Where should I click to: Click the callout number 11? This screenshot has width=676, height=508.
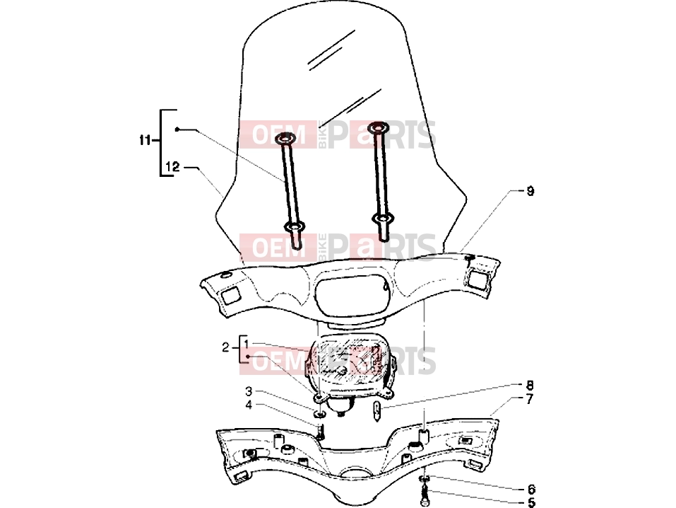coord(145,140)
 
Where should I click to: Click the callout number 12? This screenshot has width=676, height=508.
coord(172,166)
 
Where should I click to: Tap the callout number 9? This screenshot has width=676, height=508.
coord(530,191)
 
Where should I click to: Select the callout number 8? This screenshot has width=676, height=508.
coord(530,385)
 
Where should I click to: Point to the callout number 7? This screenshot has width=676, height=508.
coord(530,399)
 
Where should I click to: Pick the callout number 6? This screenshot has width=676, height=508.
coord(531,490)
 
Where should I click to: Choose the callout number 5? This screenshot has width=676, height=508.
coord(531,502)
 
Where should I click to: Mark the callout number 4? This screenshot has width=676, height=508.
coord(249,405)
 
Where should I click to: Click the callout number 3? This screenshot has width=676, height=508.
coord(249,391)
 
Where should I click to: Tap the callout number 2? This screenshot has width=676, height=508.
coord(225,347)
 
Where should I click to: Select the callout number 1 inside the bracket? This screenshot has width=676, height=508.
coord(246,345)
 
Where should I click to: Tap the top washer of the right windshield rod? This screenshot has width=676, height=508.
coord(378,127)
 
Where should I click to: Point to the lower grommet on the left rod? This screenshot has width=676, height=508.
coord(294,226)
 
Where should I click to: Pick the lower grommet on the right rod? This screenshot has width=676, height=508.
coord(382,219)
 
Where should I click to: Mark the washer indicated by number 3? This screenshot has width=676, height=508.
coord(320,415)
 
